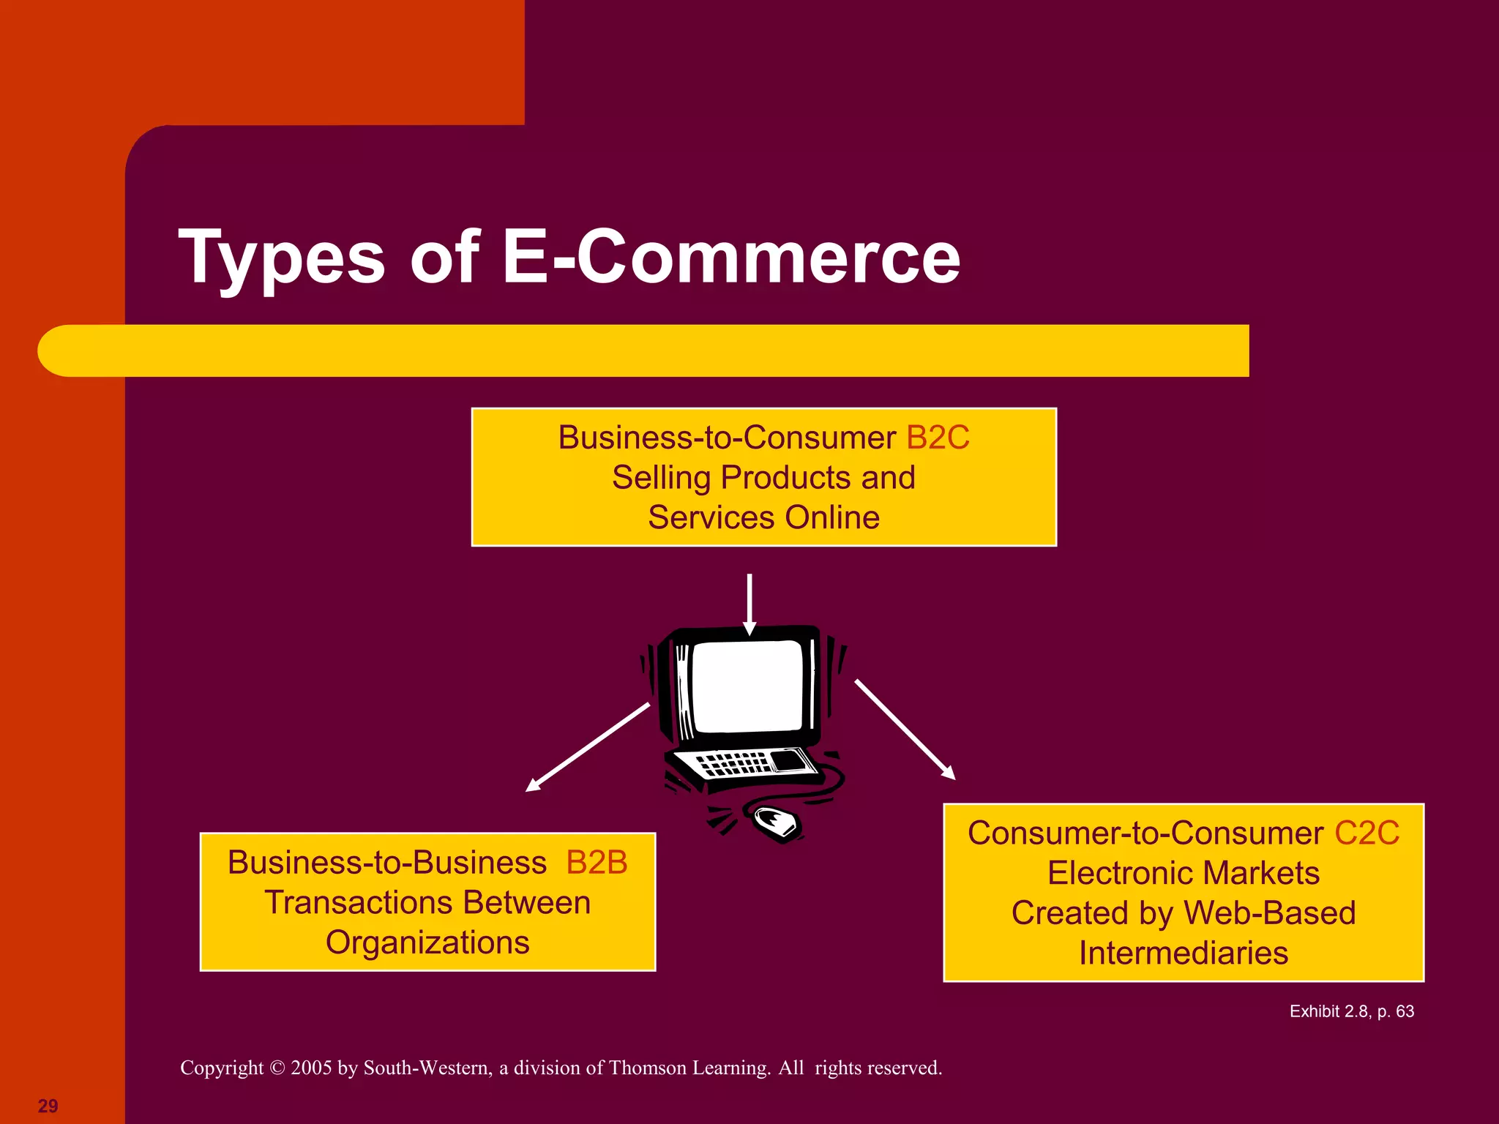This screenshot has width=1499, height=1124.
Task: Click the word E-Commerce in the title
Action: coord(730,258)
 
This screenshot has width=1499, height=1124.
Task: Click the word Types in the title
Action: coord(282,258)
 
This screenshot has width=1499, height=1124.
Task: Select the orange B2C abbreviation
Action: coord(938,438)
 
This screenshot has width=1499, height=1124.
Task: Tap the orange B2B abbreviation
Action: coord(597,863)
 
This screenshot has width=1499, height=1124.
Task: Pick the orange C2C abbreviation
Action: coord(1367,833)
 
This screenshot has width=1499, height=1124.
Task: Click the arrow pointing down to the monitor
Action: coord(749,604)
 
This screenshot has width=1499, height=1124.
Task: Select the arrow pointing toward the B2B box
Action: coord(586,748)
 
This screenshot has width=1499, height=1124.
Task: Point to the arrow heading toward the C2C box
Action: coord(905,730)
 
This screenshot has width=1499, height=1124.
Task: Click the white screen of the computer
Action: coord(747,686)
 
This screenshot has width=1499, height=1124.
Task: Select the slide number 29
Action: coord(48,1106)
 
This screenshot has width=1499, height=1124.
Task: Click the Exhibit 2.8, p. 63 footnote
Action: coord(1351,1011)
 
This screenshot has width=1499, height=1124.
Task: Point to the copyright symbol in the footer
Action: coord(277,1068)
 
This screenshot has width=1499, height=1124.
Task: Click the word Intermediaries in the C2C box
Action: coord(1184,953)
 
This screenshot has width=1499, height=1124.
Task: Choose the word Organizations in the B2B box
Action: coord(427,943)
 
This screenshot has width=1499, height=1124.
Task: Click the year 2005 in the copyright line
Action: coord(312,1068)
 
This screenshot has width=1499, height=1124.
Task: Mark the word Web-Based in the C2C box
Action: coord(1270,913)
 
